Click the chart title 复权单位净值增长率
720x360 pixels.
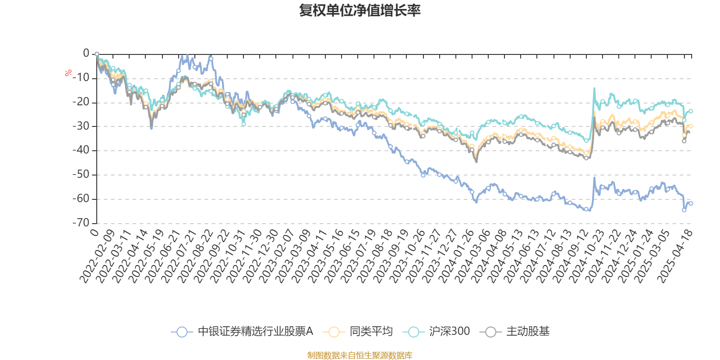tap(360, 10)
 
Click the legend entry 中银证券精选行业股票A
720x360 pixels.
tap(255, 332)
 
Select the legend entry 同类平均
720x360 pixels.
tap(371, 332)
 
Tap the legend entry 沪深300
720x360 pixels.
tap(449, 332)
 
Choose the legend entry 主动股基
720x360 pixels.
tap(527, 332)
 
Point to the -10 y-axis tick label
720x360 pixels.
tap(81, 78)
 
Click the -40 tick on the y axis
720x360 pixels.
tap(81, 150)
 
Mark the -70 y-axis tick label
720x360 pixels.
tap(81, 222)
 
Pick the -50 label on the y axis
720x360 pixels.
tap(81, 175)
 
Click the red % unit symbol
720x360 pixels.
tap(68, 73)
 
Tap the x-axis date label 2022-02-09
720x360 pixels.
tap(98, 256)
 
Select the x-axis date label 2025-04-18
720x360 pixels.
tap(675, 256)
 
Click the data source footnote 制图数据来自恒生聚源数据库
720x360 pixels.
tap(360, 355)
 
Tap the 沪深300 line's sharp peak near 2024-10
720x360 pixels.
tap(594, 88)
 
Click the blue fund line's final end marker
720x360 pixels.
tap(691, 203)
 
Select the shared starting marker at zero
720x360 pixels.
tap(97, 54)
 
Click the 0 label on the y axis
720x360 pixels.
tap(86, 54)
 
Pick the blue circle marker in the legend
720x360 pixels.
tap(182, 332)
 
